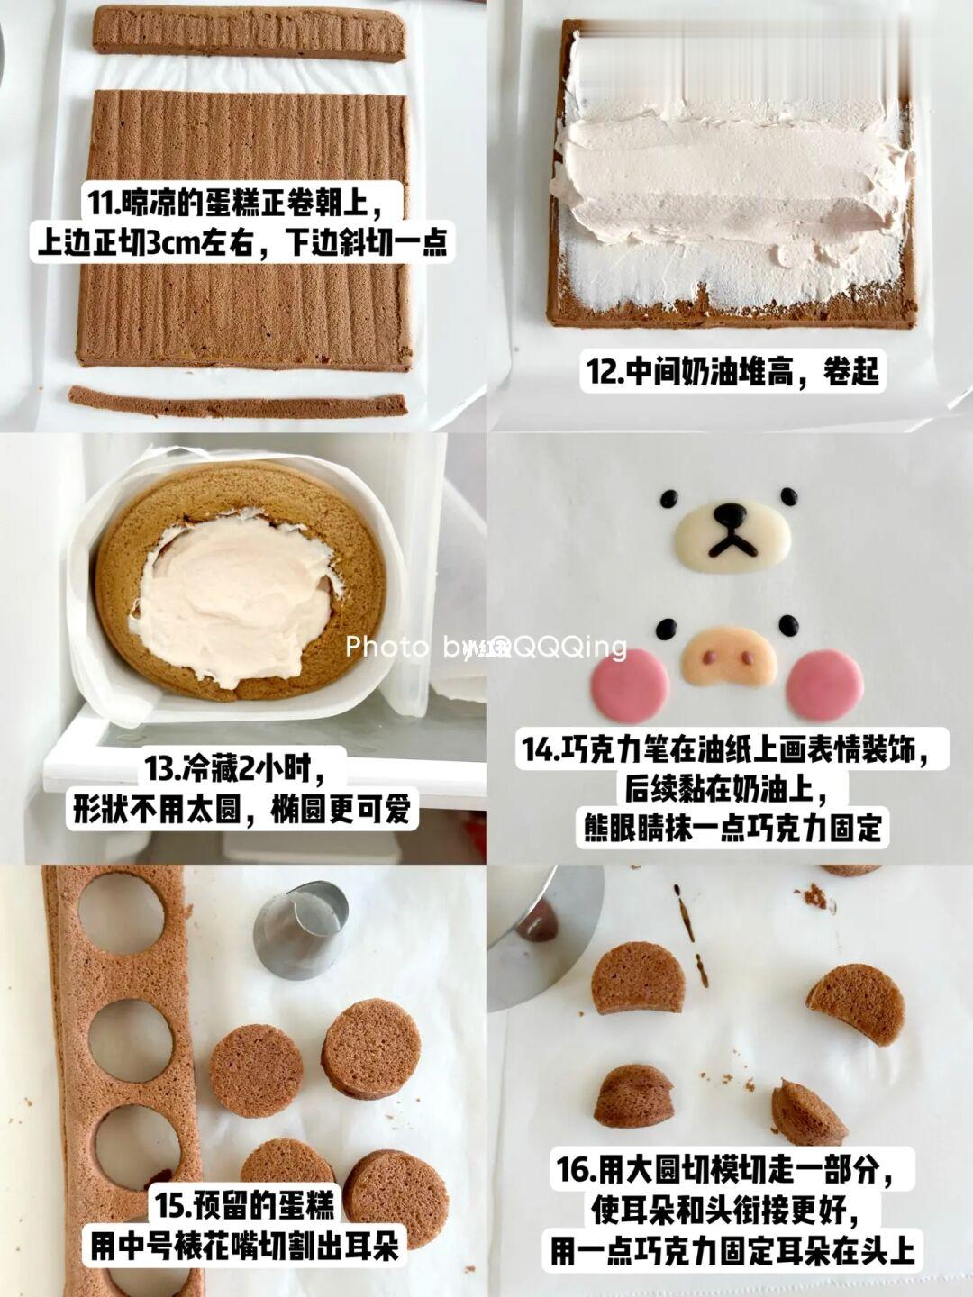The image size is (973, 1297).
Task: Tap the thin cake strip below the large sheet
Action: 238,403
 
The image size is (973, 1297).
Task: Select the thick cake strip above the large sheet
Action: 250,35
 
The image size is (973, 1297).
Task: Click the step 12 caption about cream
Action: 732,371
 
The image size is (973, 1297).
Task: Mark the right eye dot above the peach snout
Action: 789,626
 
